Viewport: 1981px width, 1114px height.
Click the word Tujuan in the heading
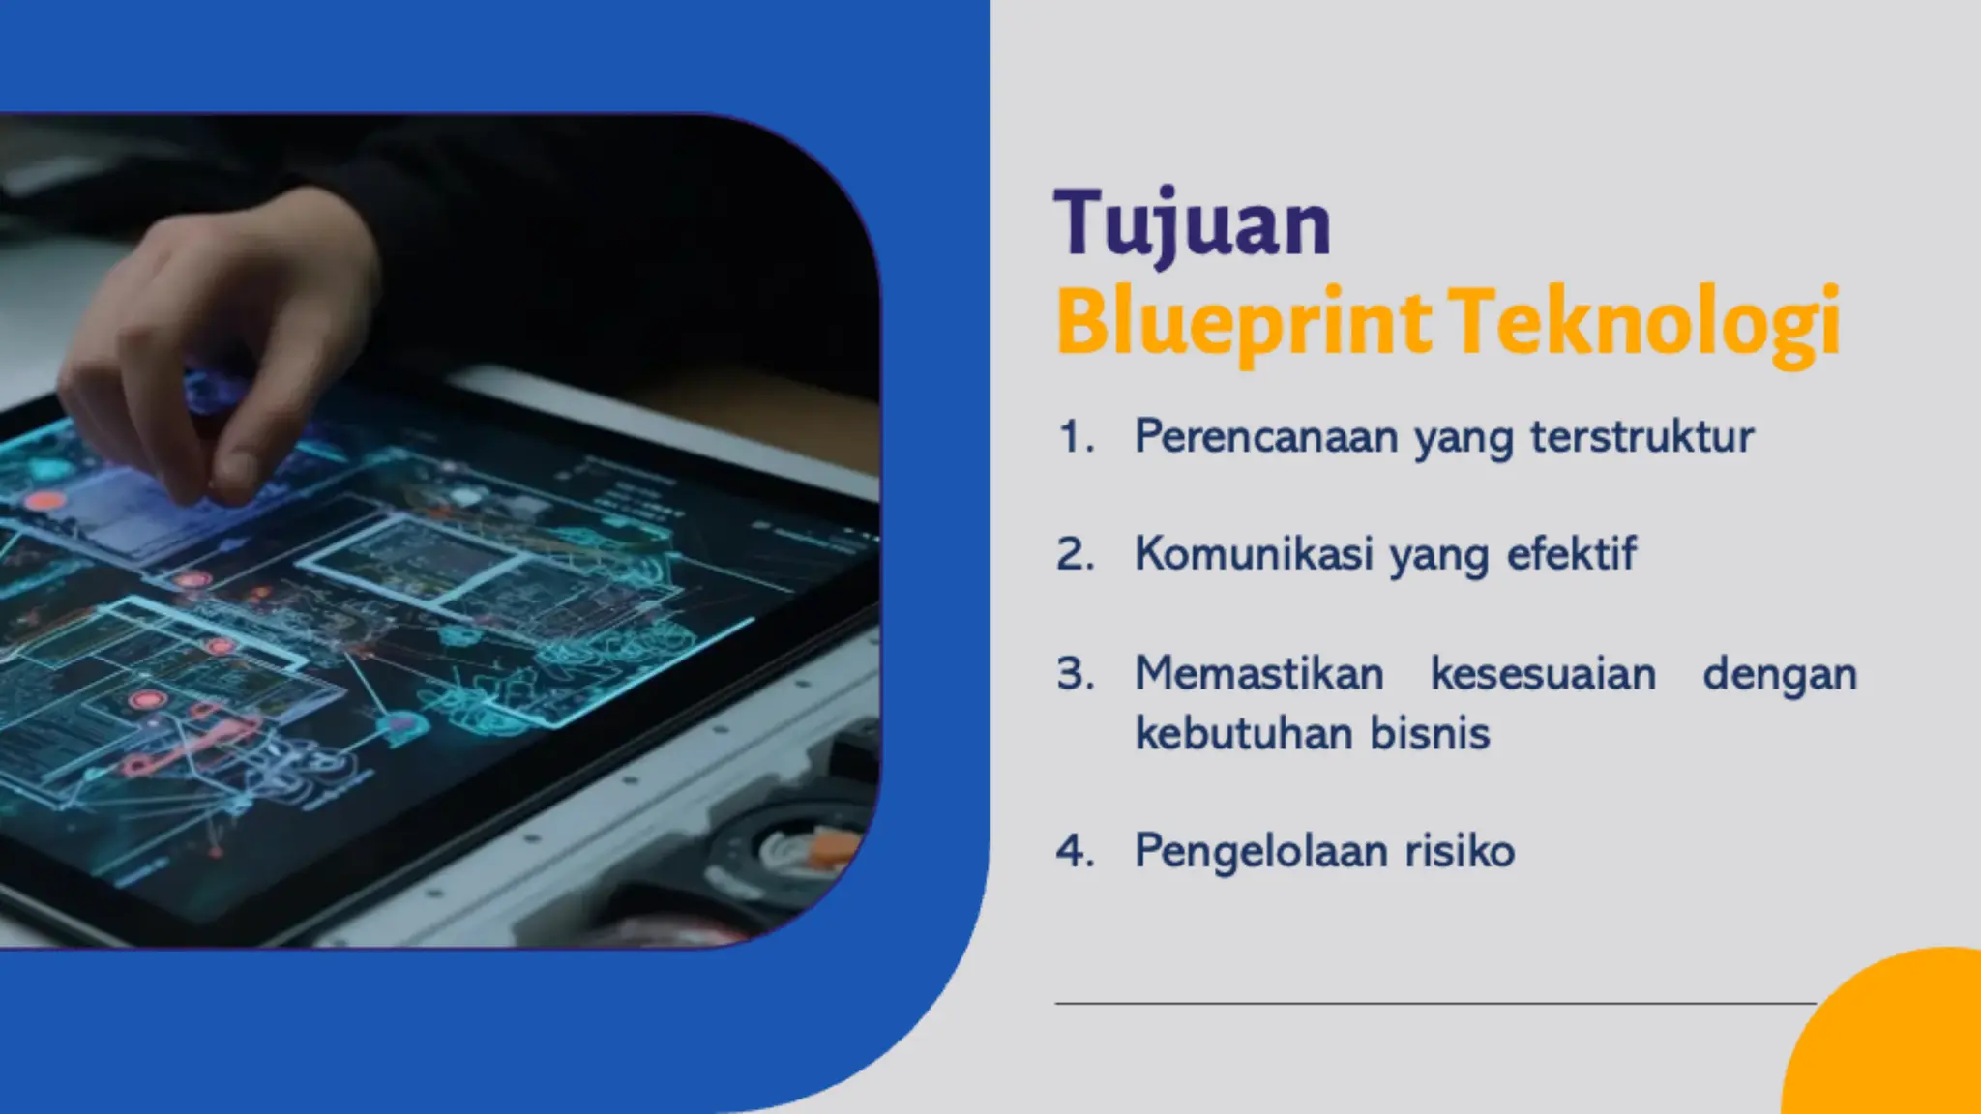1192,224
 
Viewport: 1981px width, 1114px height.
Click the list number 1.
1075,437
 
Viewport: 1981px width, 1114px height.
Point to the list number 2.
1075,555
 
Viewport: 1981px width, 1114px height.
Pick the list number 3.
1075,674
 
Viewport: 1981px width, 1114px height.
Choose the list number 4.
1075,852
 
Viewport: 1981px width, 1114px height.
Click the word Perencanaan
1266,437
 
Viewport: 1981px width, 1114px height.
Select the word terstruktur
1641,437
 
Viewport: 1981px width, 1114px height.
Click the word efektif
1571,555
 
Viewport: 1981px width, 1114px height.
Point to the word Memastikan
1258,674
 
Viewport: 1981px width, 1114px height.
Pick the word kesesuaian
1543,674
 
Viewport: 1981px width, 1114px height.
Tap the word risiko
1459,852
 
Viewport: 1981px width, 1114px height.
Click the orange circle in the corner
1896,1044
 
